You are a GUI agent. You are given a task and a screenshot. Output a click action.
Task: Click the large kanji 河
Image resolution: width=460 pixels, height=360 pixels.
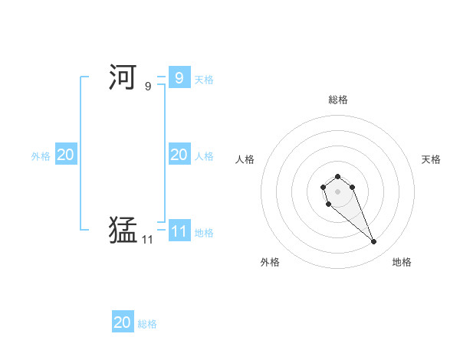[x=123, y=77]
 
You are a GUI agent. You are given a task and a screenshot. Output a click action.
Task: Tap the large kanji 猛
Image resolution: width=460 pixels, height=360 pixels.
[x=123, y=229]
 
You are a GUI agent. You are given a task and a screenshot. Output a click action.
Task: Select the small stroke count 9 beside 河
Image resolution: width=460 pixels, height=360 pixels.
[x=148, y=87]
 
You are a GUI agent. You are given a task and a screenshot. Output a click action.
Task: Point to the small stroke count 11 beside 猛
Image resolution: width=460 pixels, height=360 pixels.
[x=147, y=240]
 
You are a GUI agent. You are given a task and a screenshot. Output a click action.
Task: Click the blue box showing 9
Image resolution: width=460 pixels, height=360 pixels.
[x=179, y=77]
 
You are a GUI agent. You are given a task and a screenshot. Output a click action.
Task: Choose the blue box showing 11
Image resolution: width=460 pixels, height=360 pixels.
[x=179, y=231]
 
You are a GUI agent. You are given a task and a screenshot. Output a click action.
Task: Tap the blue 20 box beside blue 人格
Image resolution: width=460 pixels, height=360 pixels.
[x=179, y=155]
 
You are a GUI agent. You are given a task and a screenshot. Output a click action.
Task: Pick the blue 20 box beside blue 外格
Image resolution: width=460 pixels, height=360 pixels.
[x=66, y=155]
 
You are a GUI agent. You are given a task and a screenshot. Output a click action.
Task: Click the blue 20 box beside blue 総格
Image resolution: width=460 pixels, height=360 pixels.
[x=123, y=322]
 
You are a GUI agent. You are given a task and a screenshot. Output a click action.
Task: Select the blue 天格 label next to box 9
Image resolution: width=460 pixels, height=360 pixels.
[x=204, y=79]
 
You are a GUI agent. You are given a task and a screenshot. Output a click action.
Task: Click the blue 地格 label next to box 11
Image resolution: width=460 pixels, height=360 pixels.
[x=204, y=233]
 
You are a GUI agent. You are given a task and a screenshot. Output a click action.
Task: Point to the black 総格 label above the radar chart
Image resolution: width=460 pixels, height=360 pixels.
[x=338, y=100]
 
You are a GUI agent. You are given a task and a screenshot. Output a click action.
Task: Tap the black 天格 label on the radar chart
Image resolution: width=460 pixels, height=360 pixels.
[x=431, y=159]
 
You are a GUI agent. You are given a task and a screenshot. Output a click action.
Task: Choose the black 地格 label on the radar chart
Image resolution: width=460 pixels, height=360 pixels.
[x=402, y=262]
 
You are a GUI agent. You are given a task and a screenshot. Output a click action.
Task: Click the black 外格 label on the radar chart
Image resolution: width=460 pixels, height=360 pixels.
[x=270, y=262]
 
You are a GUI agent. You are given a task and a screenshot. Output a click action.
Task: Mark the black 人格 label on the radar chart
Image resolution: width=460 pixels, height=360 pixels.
[x=245, y=159]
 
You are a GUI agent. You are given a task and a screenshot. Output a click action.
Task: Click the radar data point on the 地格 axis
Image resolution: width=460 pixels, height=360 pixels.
[x=374, y=242]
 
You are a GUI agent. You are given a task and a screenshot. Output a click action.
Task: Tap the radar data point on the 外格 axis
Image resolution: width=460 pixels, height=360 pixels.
[x=328, y=205]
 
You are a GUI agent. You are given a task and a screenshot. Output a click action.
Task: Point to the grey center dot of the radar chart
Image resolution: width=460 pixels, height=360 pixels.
[x=337, y=191]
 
